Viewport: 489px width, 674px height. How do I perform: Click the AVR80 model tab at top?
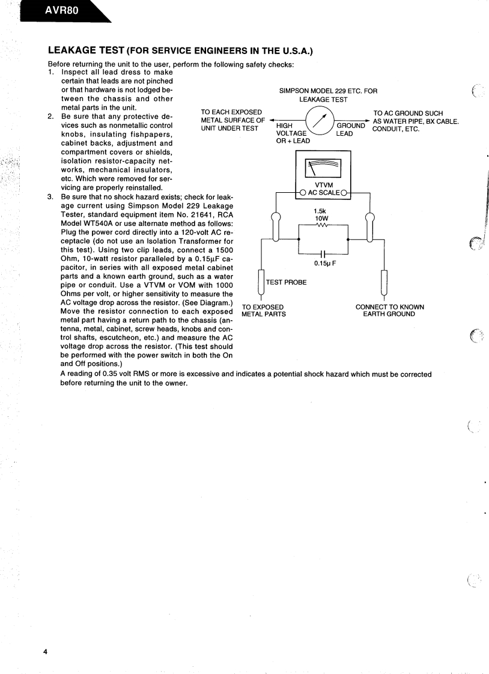(x=60, y=10)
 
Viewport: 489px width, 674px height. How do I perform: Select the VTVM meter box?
(x=323, y=174)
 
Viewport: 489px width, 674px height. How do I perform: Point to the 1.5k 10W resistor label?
(x=320, y=215)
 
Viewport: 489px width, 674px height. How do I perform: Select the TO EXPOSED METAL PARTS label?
(x=263, y=311)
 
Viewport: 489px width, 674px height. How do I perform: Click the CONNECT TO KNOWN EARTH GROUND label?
(x=389, y=311)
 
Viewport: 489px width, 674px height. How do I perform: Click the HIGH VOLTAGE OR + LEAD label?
(x=293, y=133)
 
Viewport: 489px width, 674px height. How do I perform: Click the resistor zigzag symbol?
(x=323, y=226)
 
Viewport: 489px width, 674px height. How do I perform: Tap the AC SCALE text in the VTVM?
(x=324, y=193)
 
